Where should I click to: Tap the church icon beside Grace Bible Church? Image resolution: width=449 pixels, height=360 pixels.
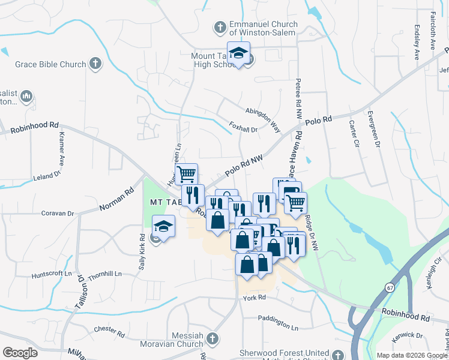click(94, 63)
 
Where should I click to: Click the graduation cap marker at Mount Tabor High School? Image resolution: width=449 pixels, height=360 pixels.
click(238, 54)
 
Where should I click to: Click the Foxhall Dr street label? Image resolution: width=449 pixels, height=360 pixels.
click(243, 128)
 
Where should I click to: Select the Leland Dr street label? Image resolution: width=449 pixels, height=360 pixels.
click(47, 176)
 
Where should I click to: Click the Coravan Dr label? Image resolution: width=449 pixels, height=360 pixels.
click(57, 213)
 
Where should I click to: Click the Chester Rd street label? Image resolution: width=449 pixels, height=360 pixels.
click(109, 329)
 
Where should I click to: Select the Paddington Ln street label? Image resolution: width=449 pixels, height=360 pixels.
click(278, 319)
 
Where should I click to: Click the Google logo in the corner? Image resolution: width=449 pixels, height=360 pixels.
click(20, 352)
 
